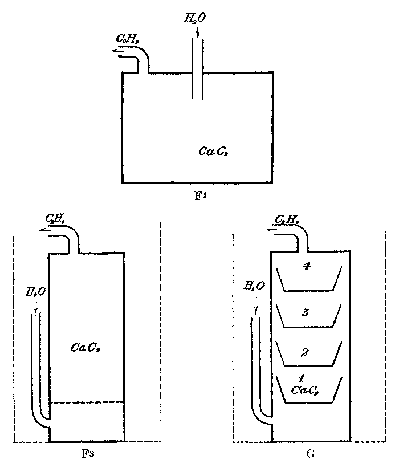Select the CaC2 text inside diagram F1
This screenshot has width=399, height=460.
click(214, 151)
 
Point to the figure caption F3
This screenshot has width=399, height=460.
click(87, 454)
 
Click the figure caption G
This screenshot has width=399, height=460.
click(310, 454)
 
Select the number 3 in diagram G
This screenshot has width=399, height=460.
click(306, 312)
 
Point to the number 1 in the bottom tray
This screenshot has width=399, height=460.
click(303, 378)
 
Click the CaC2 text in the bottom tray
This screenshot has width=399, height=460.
click(305, 390)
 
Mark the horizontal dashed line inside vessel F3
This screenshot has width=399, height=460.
click(86, 402)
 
